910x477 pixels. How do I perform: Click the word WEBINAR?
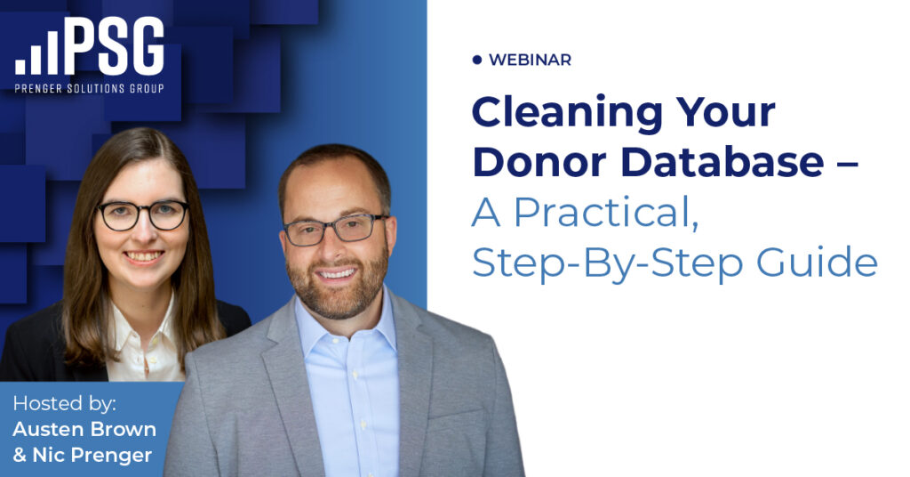[x=530, y=60]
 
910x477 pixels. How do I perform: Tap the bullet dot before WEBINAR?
[x=477, y=60]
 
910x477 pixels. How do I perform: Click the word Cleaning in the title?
[x=567, y=113]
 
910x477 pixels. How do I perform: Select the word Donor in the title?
[x=539, y=161]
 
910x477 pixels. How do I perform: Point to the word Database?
[x=722, y=161]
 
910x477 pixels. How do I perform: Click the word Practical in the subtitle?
[x=606, y=213]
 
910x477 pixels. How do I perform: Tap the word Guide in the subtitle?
[x=818, y=262]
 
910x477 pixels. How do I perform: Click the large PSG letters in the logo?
[x=115, y=46]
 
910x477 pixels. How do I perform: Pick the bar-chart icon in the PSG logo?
[x=36, y=53]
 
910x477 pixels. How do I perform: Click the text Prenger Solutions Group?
[x=90, y=88]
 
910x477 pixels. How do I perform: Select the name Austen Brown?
[x=84, y=429]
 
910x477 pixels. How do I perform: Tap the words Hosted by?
[x=64, y=403]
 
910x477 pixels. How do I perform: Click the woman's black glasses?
[x=143, y=214]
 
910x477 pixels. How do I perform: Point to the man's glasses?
[x=334, y=230]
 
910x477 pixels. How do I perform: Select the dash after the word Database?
[x=848, y=164]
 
